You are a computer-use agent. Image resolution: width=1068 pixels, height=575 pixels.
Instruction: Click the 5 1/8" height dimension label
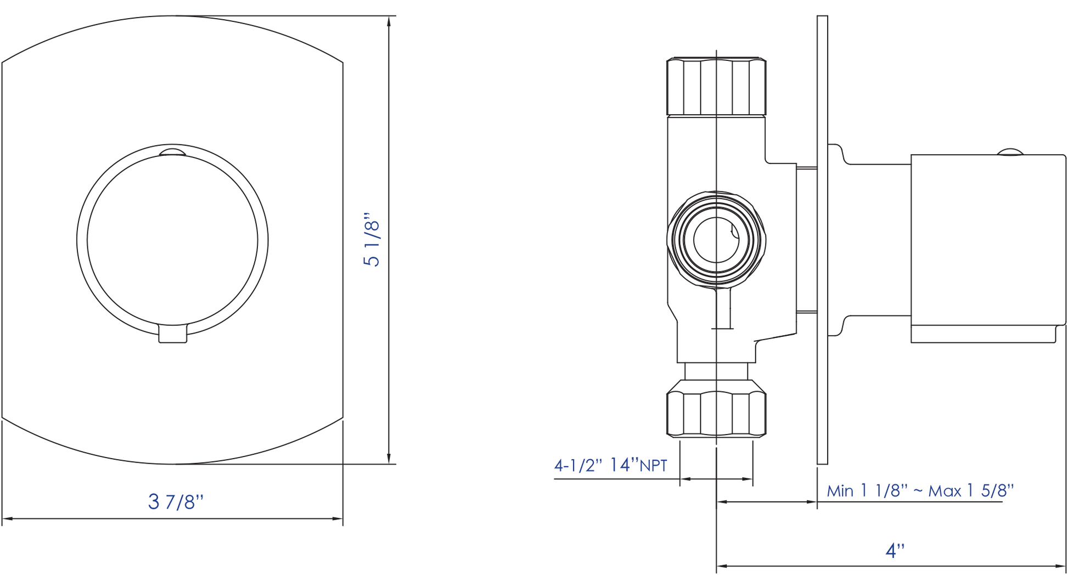click(x=372, y=240)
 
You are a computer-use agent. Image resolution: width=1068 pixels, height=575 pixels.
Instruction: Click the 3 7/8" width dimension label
click(x=176, y=501)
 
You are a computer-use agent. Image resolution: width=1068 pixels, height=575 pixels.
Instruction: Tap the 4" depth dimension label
click(x=895, y=550)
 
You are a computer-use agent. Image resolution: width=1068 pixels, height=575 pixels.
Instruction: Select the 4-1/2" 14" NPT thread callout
click(x=611, y=465)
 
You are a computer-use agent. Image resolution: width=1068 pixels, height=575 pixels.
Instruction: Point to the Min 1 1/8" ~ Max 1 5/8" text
click(x=920, y=491)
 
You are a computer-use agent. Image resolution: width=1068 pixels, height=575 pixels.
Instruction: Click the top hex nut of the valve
click(x=716, y=86)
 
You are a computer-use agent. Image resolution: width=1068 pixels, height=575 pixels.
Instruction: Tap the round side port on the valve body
click(x=716, y=240)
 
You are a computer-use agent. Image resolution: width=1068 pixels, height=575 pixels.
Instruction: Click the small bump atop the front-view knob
click(x=172, y=152)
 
